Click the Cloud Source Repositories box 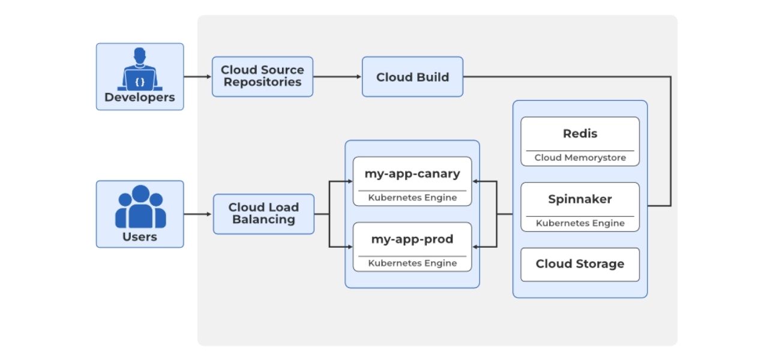click(262, 76)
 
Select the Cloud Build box click(412, 77)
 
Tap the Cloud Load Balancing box click(263, 214)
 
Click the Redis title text click(580, 133)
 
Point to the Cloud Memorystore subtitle click(580, 158)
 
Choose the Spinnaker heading click(580, 199)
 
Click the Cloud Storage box click(580, 264)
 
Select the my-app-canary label click(412, 174)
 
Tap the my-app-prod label click(412, 239)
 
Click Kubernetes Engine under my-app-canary click(412, 197)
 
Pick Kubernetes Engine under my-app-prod click(412, 263)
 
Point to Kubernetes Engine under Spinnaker click(580, 223)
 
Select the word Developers click(140, 97)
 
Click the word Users click(140, 236)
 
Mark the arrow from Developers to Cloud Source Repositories click(197, 77)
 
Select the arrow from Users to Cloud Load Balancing click(198, 214)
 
